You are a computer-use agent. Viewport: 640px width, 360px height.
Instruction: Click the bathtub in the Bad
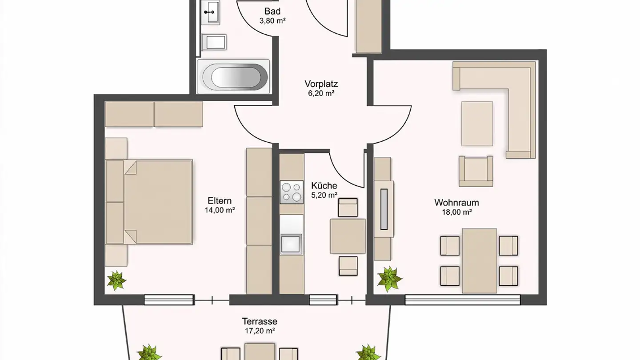pyautogui.click(x=233, y=76)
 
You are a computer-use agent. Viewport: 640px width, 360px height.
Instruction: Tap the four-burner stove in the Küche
pyautogui.click(x=292, y=192)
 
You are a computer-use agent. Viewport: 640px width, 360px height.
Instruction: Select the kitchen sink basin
pyautogui.click(x=291, y=244)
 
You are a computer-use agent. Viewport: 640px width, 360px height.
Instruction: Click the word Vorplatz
pyautogui.click(x=321, y=84)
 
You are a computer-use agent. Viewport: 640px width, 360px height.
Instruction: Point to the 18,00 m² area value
pyautogui.click(x=457, y=212)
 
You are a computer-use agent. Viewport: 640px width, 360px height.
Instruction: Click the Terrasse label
pyautogui.click(x=260, y=321)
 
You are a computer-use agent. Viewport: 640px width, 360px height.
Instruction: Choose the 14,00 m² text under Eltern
pyautogui.click(x=220, y=210)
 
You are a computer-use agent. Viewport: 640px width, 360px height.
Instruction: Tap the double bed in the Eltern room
pyautogui.click(x=149, y=202)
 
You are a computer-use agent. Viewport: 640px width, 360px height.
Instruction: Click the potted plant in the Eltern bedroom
pyautogui.click(x=116, y=280)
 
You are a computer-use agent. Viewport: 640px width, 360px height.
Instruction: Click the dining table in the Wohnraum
pyautogui.click(x=480, y=260)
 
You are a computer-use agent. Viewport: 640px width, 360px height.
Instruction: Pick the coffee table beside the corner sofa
pyautogui.click(x=477, y=124)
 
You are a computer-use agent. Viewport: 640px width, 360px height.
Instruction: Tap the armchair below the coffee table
pyautogui.click(x=476, y=171)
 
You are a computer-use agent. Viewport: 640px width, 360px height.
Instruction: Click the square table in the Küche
pyautogui.click(x=348, y=236)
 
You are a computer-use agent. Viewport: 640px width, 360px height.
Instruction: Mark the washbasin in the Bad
pyautogui.click(x=211, y=12)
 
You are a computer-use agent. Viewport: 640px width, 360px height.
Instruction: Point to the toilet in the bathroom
pyautogui.click(x=214, y=42)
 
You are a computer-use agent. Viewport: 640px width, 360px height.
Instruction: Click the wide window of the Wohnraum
pyautogui.click(x=463, y=300)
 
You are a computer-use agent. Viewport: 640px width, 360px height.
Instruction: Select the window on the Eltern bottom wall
pyautogui.click(x=168, y=300)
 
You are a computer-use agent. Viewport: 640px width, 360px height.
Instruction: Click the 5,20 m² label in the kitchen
pyautogui.click(x=324, y=195)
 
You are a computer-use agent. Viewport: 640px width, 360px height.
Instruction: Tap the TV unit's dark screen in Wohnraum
pyautogui.click(x=384, y=209)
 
